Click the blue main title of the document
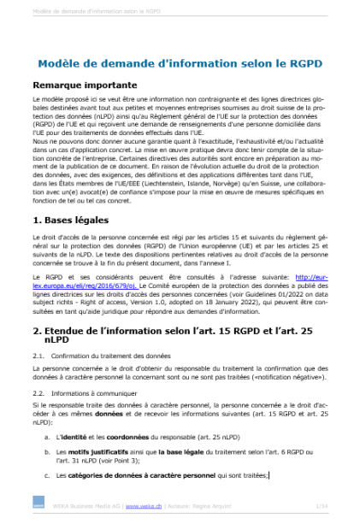pos(180,64)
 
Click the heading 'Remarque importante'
pos(85,85)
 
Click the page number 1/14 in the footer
pos(322,506)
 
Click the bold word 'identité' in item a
pos(74,436)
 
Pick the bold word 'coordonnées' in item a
pos(127,436)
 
